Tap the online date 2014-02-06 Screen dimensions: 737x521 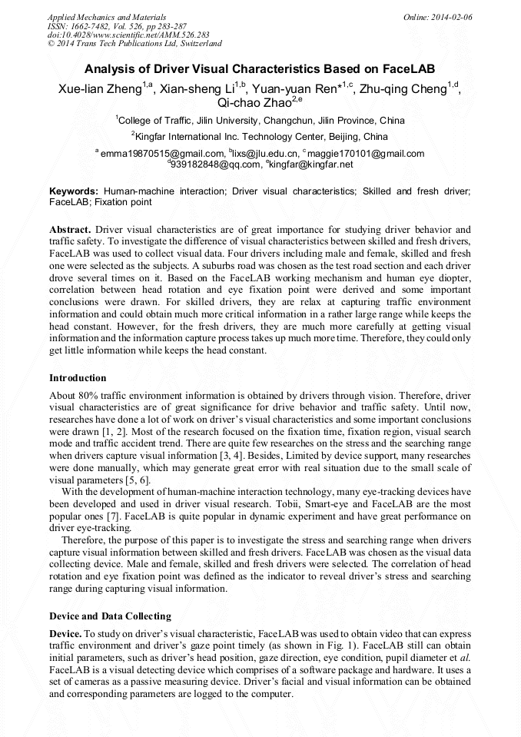[449, 16]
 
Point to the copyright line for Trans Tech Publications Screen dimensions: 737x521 [134, 44]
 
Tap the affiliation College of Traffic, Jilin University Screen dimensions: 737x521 [260, 121]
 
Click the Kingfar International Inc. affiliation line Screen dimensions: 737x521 [260, 136]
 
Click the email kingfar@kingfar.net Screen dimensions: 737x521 [311, 164]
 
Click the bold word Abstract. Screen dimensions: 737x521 [70, 230]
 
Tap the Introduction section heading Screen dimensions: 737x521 [78, 378]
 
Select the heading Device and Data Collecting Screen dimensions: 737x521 [110, 616]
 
